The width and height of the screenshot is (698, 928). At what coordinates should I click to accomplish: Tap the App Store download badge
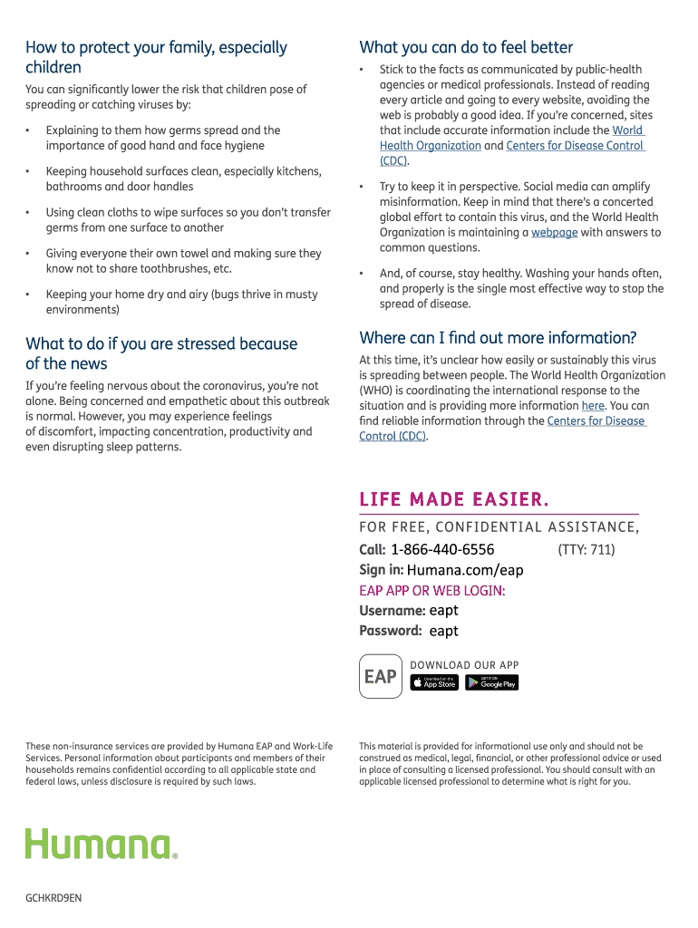[434, 682]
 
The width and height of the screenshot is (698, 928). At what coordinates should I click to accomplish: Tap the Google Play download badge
[491, 682]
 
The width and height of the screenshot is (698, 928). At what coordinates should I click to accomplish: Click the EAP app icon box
[380, 676]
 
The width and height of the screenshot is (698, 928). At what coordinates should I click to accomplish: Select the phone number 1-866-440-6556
[442, 549]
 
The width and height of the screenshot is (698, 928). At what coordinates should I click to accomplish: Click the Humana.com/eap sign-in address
[465, 570]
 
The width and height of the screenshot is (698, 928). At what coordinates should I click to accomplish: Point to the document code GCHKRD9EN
[53, 898]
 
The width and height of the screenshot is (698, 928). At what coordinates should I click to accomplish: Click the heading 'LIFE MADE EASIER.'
[454, 499]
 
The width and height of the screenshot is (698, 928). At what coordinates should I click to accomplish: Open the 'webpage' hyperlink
[554, 233]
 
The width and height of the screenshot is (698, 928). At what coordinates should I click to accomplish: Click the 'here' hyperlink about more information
[593, 406]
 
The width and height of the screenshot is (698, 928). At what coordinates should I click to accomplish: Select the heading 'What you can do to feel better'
[466, 47]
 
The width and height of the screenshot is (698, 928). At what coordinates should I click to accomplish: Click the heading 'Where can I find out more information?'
[498, 338]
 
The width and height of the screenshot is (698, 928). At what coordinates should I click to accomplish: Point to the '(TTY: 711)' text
[587, 549]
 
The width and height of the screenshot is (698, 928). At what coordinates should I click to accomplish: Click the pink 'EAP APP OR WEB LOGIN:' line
[432, 591]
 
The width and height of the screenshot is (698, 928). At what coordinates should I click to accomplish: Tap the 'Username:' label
[392, 611]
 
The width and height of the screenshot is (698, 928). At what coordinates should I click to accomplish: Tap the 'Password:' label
[391, 631]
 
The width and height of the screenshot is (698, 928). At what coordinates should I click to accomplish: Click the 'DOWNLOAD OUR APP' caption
[464, 665]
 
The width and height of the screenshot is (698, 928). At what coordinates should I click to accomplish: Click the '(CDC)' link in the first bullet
[393, 161]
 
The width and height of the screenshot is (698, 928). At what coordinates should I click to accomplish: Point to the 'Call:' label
[373, 549]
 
